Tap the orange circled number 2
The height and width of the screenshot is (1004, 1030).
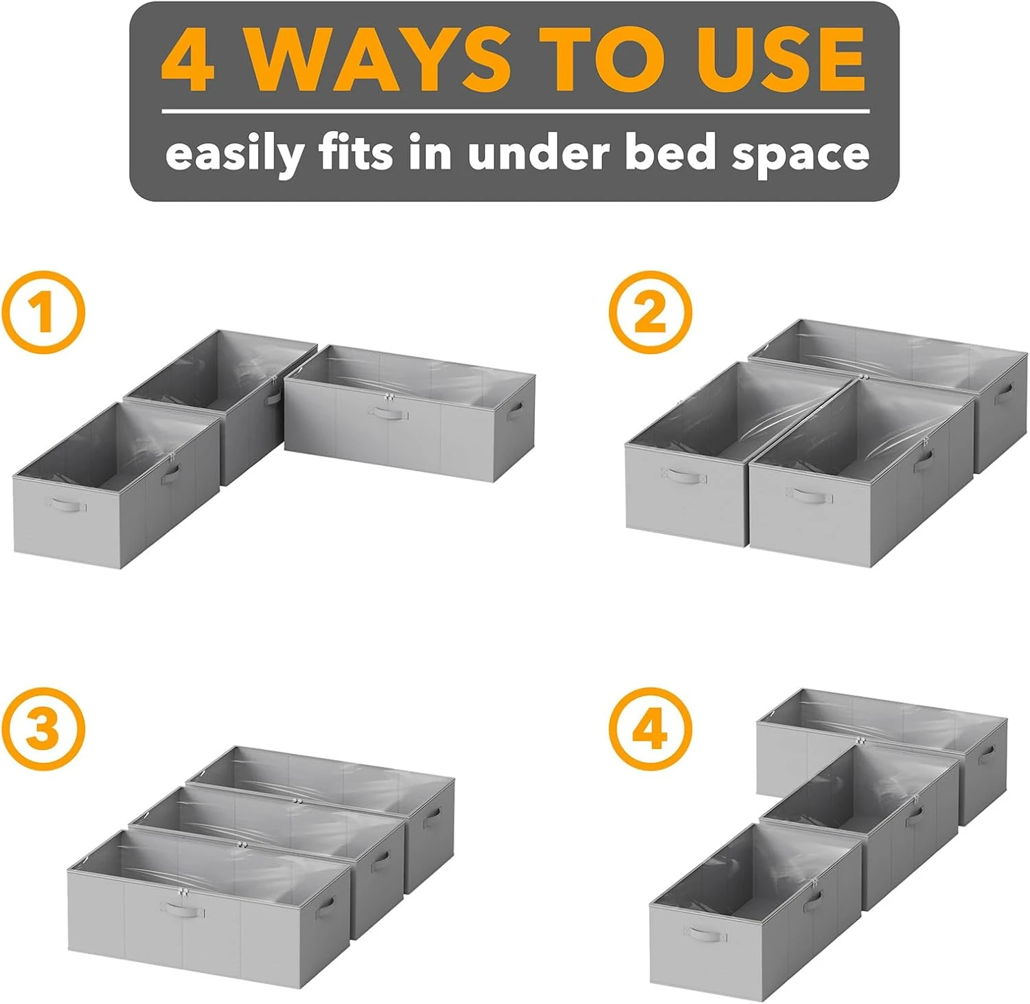pyautogui.click(x=650, y=313)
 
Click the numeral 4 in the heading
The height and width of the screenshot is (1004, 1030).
pyautogui.click(x=187, y=60)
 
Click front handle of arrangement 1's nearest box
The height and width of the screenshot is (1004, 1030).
pyautogui.click(x=67, y=506)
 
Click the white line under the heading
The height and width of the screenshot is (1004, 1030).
pyautogui.click(x=515, y=111)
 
